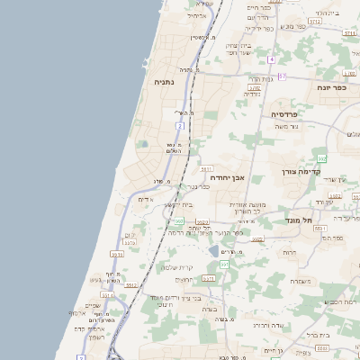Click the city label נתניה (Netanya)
coord(164,82)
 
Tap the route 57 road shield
coord(281,76)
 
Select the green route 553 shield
coord(321,158)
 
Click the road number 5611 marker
coord(206,168)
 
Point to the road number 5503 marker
coord(258,239)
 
